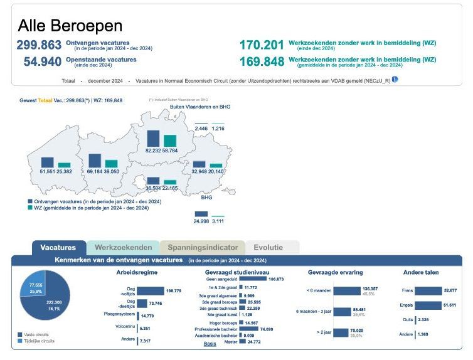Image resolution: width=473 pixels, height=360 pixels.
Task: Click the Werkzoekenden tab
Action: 123,248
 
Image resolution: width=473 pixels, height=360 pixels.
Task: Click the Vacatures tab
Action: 58,248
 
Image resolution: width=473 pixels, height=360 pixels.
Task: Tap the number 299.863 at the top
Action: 39,45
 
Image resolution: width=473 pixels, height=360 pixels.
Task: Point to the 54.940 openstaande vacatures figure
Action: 42,61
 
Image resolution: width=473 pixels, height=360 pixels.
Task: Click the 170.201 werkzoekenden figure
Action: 262,45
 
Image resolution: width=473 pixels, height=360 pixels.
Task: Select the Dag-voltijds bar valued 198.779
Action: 150,291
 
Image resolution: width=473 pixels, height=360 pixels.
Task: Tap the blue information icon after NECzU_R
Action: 395,80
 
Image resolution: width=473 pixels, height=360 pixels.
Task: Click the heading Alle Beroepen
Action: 70,26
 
